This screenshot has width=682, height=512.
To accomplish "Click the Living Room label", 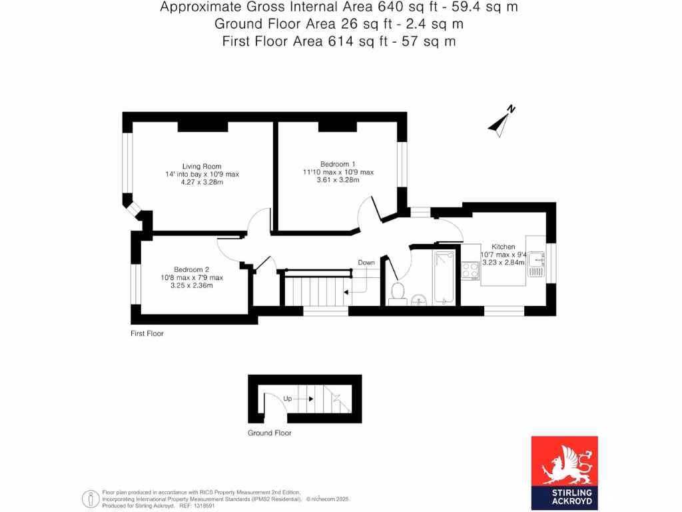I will [x=202, y=166].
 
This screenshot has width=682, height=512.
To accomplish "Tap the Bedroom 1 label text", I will [x=338, y=164].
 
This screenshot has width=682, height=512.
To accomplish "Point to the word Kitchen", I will [x=503, y=247].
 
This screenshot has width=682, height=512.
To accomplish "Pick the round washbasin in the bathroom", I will [x=420, y=298].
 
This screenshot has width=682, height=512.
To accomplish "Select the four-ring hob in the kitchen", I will [x=471, y=269].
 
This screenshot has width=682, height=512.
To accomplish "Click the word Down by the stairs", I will [x=366, y=263].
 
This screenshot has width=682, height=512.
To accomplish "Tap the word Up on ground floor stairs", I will [x=288, y=399].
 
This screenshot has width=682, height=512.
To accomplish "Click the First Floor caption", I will [x=147, y=333].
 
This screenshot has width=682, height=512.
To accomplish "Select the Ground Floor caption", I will [x=269, y=433].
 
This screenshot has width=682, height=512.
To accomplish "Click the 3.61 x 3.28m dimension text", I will [x=338, y=179].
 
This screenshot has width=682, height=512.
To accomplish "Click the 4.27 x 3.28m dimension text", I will [x=202, y=182].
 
